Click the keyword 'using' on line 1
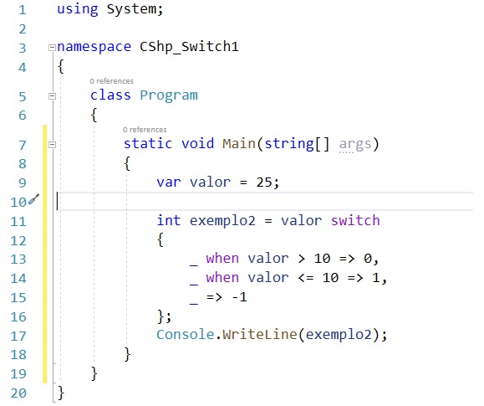click(x=78, y=9)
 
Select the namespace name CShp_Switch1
click(x=189, y=47)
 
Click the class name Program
click(x=169, y=95)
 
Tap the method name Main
click(x=239, y=143)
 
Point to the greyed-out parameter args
click(x=355, y=145)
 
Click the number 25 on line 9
click(x=264, y=182)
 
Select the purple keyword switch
click(x=355, y=220)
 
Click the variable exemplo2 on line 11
click(x=222, y=221)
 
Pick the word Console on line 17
click(x=185, y=335)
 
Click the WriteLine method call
click(x=260, y=335)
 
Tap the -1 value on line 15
click(x=239, y=297)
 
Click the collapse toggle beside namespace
click(x=52, y=48)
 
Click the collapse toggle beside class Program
click(x=52, y=96)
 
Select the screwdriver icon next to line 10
click(x=34, y=199)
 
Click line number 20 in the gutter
click(x=18, y=393)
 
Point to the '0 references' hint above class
click(x=111, y=81)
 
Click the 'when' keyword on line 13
click(x=222, y=258)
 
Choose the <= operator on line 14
click(x=306, y=278)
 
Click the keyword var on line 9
click(x=169, y=182)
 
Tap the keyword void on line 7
click(x=197, y=143)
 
